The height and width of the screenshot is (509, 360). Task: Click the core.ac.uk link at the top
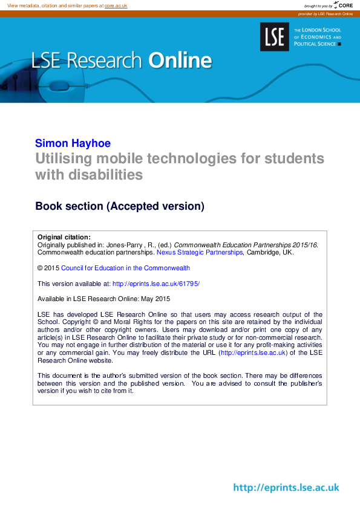click(x=116, y=5)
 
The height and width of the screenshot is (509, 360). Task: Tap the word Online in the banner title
click(x=180, y=60)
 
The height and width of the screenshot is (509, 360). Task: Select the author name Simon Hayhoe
click(x=73, y=143)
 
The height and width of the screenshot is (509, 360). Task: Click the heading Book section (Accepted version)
click(x=120, y=206)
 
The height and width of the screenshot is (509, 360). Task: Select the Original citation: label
click(x=64, y=237)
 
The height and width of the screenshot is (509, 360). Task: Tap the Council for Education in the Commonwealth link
click(x=125, y=268)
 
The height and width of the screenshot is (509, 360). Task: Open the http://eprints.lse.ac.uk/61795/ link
click(x=156, y=284)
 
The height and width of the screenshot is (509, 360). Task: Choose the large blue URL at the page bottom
click(x=286, y=488)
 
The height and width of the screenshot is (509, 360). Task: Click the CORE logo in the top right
click(x=342, y=5)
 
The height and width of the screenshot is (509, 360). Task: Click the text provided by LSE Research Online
click(x=325, y=13)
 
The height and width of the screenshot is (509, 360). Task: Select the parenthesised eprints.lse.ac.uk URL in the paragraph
click(x=253, y=353)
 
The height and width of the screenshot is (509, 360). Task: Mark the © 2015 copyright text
click(x=48, y=268)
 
